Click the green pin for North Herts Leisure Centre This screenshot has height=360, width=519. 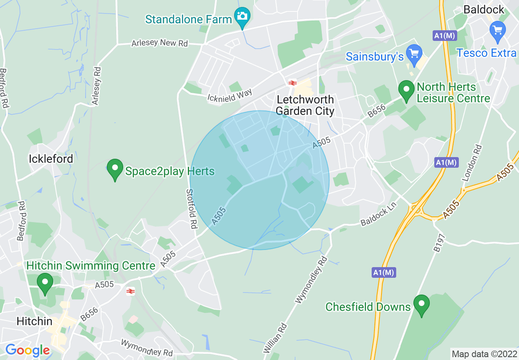(406, 91)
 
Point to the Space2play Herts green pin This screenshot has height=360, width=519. (115, 169)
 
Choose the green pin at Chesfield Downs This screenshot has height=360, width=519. (421, 305)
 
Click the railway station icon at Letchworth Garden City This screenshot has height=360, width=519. (292, 83)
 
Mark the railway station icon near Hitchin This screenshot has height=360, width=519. (131, 291)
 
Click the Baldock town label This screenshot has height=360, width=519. (484, 9)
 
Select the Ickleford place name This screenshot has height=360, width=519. (51, 159)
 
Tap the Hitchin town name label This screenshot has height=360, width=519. (34, 322)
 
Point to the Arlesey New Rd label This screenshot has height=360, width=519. (160, 43)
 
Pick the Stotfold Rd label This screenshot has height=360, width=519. (192, 208)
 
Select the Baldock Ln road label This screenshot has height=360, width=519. (379, 216)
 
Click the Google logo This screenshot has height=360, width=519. (27, 350)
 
